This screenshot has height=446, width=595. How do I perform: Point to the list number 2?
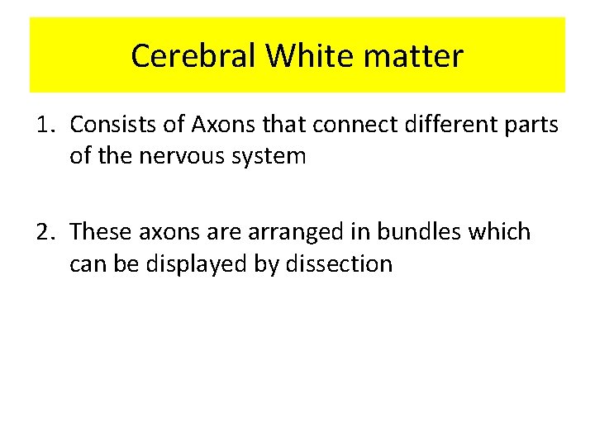click(x=45, y=232)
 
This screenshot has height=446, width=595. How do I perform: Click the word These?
click(x=101, y=232)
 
